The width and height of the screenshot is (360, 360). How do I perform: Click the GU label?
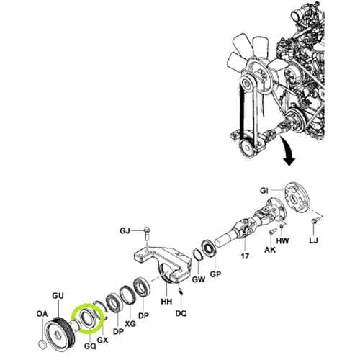click(58, 296)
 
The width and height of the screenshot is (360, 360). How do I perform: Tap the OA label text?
click(42, 314)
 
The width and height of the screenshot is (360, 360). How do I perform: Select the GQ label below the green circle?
click(90, 346)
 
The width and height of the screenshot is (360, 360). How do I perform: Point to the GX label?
click(102, 340)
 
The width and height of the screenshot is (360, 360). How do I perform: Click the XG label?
click(130, 323)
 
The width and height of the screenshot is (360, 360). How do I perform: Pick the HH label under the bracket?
click(166, 301)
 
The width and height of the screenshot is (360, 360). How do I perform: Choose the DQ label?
click(181, 313)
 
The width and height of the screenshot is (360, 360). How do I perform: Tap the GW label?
click(199, 279)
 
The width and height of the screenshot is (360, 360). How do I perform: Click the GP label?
click(215, 274)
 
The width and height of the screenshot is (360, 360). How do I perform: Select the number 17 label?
click(245, 256)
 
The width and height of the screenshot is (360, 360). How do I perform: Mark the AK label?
click(270, 250)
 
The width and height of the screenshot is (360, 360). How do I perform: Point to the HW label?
click(282, 240)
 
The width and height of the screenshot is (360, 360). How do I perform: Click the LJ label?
click(313, 240)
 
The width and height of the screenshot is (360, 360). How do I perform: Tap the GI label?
click(264, 191)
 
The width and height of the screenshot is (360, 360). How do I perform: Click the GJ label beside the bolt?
click(125, 231)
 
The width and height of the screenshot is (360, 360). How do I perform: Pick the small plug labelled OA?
click(42, 344)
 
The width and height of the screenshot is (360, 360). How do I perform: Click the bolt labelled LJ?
click(314, 221)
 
